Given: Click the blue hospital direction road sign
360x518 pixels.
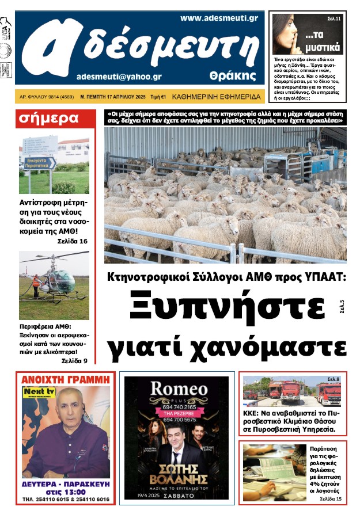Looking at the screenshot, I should click(40, 163).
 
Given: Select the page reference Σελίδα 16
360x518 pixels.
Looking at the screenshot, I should click(73, 241).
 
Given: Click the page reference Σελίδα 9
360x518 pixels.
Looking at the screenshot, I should click(74, 361).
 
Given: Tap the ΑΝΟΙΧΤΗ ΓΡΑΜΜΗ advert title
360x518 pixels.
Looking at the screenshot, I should click(65, 380).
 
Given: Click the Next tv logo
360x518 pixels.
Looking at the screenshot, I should click(35, 392).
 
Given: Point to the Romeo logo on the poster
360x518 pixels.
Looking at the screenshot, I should click(179, 389).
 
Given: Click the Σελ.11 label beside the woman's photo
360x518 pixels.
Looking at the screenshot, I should click(334, 18).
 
